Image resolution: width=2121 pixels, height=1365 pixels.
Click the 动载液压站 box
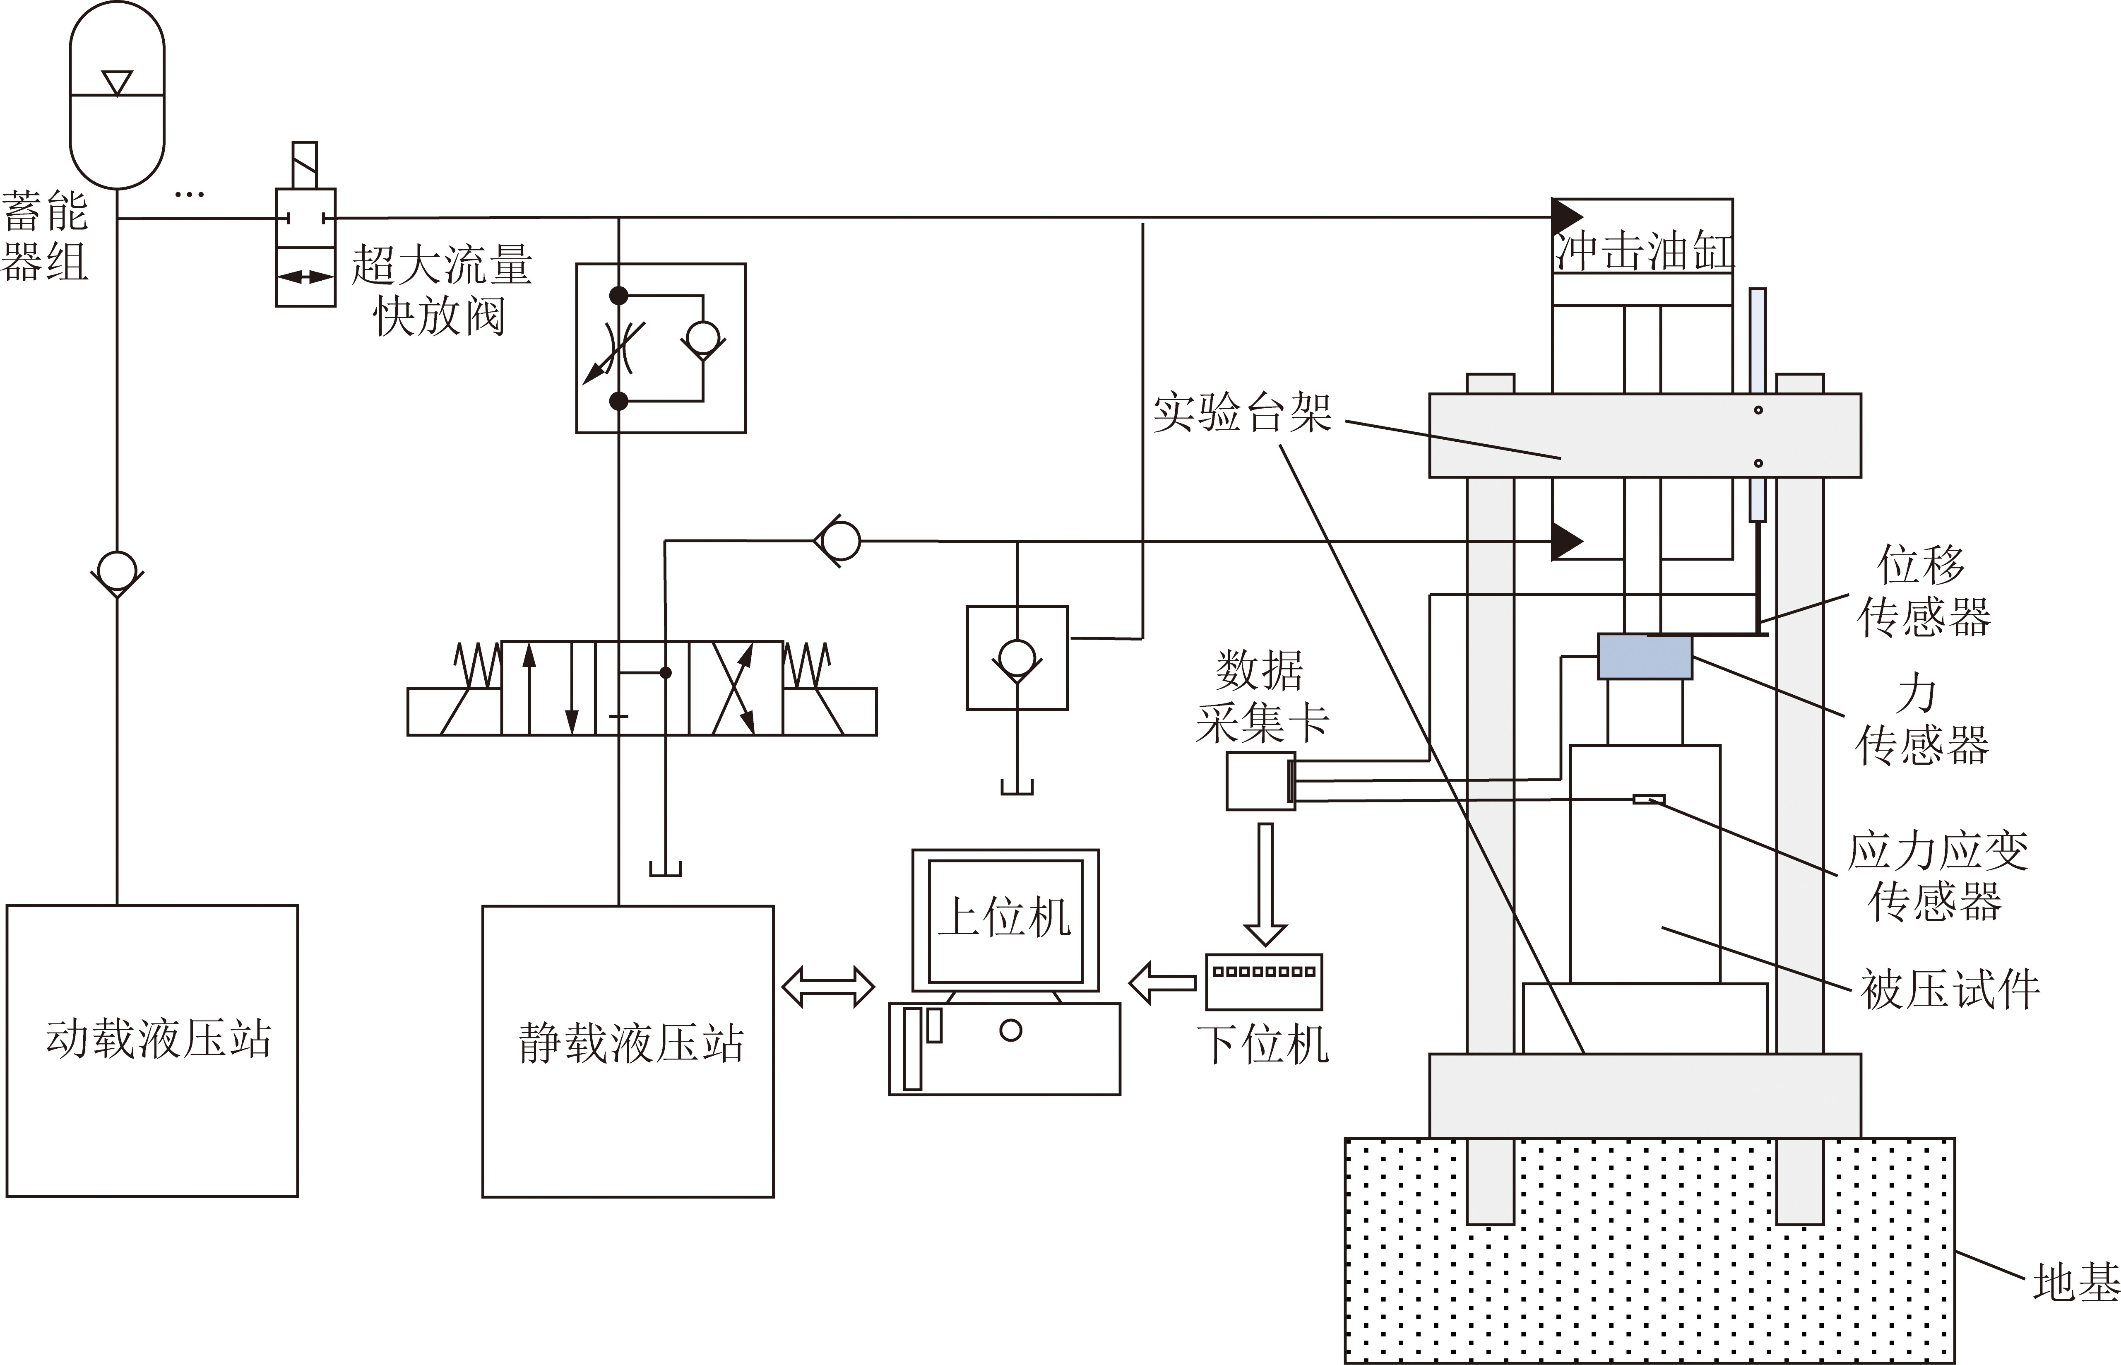pyautogui.click(x=151, y=1050)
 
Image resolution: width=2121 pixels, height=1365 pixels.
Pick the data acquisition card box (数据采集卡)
pyautogui.click(x=1260, y=781)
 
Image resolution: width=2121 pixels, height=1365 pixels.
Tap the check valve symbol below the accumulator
pyautogui.click(x=117, y=573)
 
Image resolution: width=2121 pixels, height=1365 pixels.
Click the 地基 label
pyautogui.click(x=2075, y=1283)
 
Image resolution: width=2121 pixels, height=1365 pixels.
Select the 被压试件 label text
pyautogui.click(x=1949, y=989)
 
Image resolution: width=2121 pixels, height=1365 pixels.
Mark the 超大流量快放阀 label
pyautogui.click(x=441, y=290)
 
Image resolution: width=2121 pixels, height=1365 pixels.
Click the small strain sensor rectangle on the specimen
pyautogui.click(x=1648, y=799)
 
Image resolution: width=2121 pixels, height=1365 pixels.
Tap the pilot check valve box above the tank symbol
pyautogui.click(x=1017, y=658)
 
